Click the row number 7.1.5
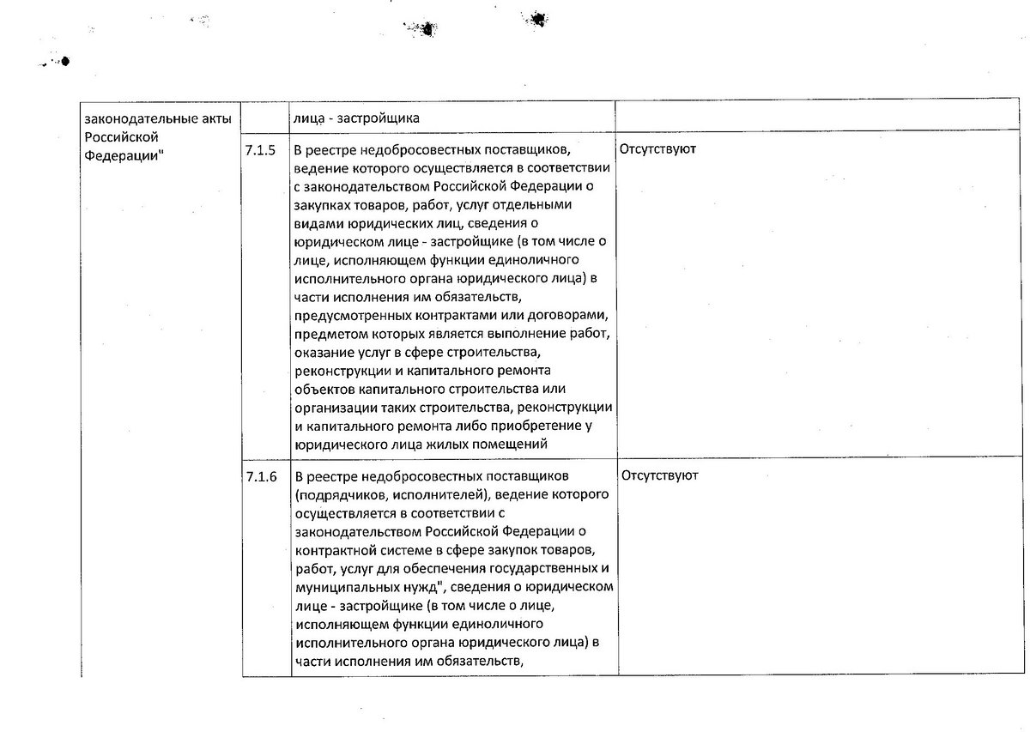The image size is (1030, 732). (260, 149)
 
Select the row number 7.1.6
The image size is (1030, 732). (260, 476)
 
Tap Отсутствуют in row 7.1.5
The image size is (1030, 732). (657, 149)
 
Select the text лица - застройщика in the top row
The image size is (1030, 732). (356, 118)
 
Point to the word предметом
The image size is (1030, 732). (324, 334)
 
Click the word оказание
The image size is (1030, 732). (321, 353)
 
